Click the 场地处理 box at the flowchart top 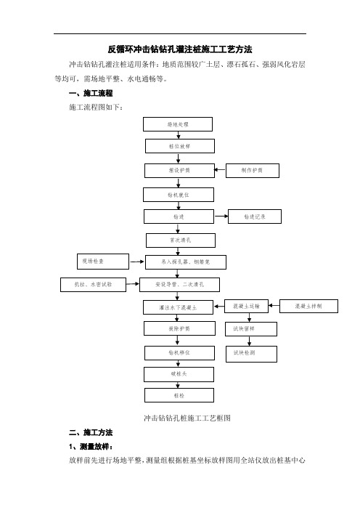click(x=178, y=124)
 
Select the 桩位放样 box click(x=180, y=146)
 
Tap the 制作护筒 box click(x=253, y=171)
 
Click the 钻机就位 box click(x=179, y=195)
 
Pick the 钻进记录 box click(x=255, y=216)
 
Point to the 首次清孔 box click(x=181, y=240)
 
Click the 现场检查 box click(x=103, y=262)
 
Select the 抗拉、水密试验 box click(x=93, y=285)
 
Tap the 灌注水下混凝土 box click(x=178, y=307)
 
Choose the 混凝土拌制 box click(x=308, y=306)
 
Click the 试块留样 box click(x=251, y=329)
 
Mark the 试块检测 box click(x=251, y=354)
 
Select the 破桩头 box click(x=179, y=374)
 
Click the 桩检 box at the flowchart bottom click(x=179, y=395)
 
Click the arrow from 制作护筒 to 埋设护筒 click(x=220, y=170)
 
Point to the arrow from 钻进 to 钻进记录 click(x=221, y=216)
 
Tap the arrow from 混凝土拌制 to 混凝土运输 click(x=274, y=306)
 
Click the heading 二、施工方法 click(x=91, y=432)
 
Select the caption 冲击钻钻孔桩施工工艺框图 click(x=187, y=418)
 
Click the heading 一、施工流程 click(x=91, y=93)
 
